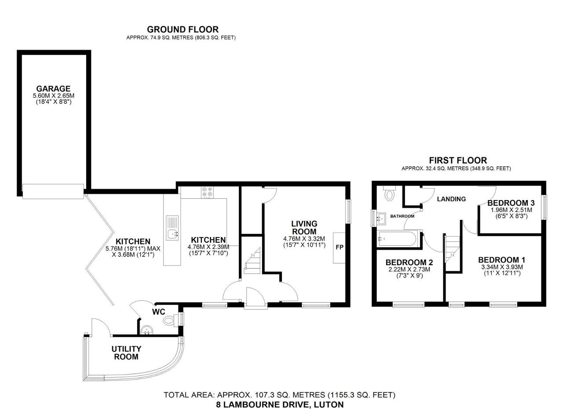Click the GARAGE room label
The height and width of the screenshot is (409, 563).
tap(53, 89)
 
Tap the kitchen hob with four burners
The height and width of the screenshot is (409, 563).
tap(207, 193)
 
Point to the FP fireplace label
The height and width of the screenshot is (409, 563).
tap(339, 247)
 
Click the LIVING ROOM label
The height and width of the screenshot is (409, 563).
tap(304, 227)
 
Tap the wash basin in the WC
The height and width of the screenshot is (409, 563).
tap(146, 330)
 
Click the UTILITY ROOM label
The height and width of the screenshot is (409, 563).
tap(126, 353)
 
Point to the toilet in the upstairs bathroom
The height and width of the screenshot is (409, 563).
tap(389, 193)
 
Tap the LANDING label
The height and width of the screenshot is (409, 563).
tap(451, 199)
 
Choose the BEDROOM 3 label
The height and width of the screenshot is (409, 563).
tap(511, 203)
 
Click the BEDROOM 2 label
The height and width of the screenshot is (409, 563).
tap(409, 263)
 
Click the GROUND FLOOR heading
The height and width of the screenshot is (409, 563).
tap(183, 29)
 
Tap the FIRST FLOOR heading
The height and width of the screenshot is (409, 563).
tap(458, 160)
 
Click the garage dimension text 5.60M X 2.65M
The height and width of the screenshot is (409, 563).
tap(54, 96)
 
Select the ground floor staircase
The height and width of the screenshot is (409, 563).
tap(252, 261)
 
